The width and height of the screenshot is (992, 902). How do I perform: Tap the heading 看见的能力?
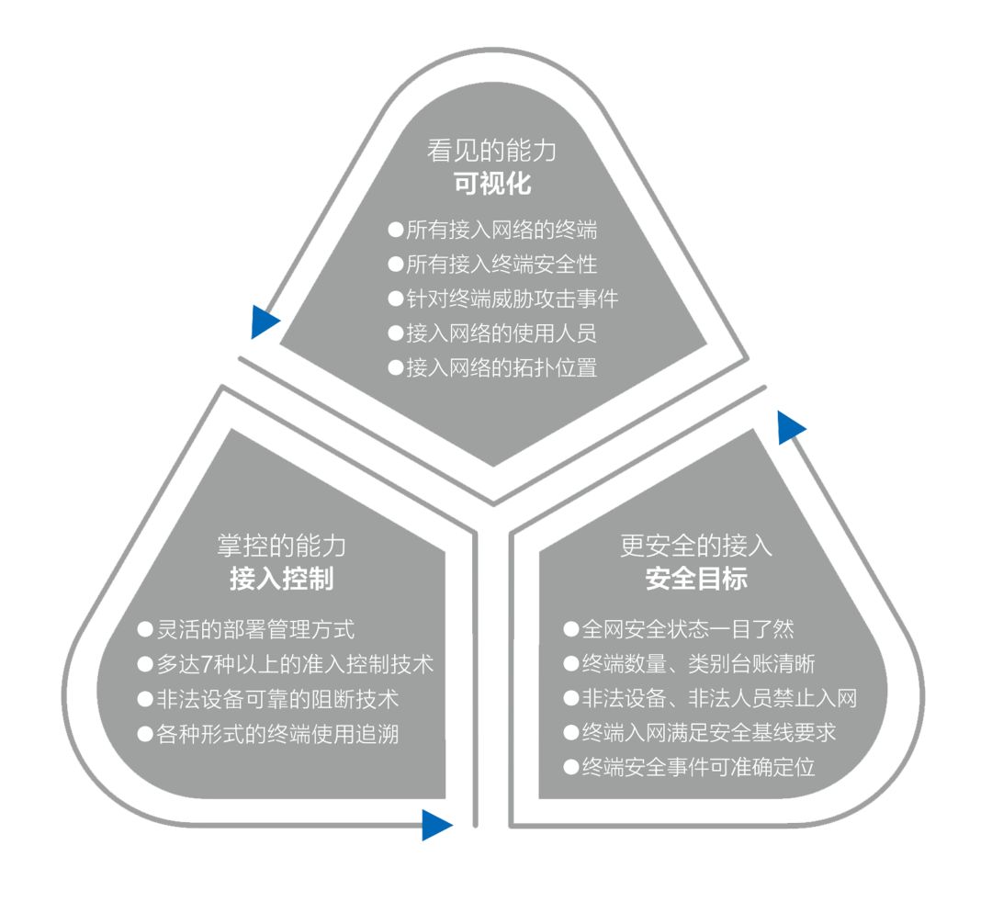tap(492, 150)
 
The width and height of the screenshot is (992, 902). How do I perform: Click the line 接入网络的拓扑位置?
tap(502, 367)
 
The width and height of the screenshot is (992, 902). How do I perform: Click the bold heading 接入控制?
tap(280, 580)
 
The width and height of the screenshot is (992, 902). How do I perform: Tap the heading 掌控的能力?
tap(280, 546)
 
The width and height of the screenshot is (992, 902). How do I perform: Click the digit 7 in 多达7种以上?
tap(224, 663)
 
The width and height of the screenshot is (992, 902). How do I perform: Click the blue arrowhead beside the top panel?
tap(264, 321)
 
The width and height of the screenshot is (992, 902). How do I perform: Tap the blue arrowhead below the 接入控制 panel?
tap(436, 825)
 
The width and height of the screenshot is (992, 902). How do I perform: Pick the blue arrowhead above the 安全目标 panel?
tap(790, 427)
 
